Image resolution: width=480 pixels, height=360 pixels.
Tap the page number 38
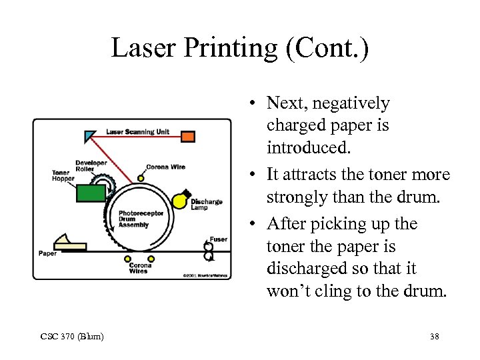[x=435, y=337]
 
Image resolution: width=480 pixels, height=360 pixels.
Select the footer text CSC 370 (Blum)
[x=71, y=337]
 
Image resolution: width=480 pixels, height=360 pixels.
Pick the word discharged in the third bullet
[x=303, y=269]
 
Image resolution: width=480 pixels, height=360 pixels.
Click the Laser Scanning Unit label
[x=139, y=132]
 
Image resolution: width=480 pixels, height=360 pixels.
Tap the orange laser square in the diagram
[x=189, y=136]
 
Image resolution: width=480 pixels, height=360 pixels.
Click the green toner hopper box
[x=91, y=193]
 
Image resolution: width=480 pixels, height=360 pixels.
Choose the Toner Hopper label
[x=63, y=176]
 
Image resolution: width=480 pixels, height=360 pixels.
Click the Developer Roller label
[x=91, y=166]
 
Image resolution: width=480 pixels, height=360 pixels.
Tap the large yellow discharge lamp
[x=179, y=200]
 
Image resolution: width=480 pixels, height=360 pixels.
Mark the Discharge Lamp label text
[x=206, y=205]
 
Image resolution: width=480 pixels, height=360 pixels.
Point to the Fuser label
[x=218, y=239]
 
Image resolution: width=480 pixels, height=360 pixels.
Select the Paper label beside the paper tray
[x=47, y=253]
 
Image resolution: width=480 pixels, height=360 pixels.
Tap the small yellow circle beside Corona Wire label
[x=141, y=178]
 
